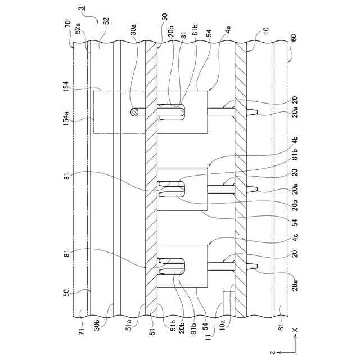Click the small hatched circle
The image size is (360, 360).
[x=134, y=112]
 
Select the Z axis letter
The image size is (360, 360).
[x=272, y=352]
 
